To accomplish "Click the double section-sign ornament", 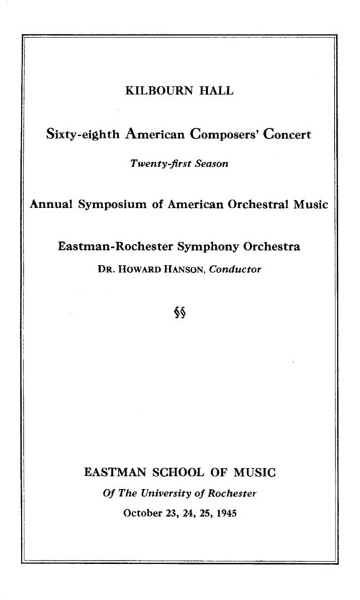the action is tap(179, 314).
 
